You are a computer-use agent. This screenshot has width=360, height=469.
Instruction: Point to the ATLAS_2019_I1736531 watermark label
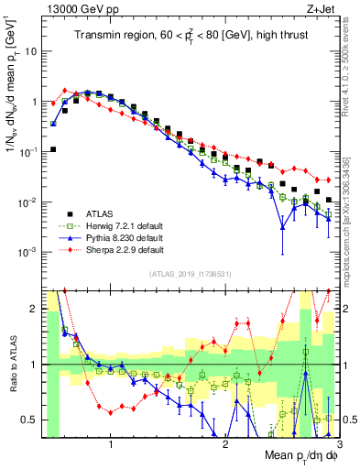click(x=184, y=273)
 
